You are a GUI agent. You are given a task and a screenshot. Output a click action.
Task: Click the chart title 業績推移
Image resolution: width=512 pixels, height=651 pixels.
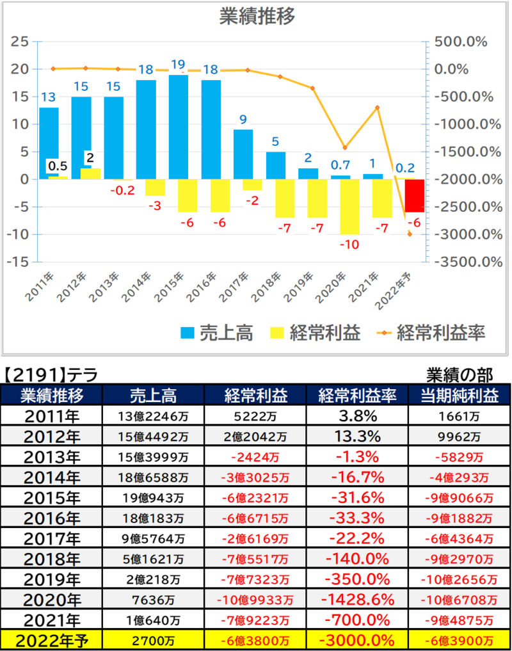coord(257,17)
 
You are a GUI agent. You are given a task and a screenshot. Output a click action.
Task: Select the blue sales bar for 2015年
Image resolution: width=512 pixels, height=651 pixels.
coord(179,127)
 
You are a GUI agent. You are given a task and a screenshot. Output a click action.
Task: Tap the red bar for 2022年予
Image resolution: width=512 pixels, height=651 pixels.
coord(415,195)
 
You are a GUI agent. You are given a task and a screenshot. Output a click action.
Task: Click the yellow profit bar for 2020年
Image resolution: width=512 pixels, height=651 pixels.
coord(349,207)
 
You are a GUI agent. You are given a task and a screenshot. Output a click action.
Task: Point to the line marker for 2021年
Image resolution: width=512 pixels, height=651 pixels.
coord(378,108)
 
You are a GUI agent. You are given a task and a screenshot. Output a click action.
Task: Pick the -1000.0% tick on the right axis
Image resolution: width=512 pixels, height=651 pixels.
coord(468,124)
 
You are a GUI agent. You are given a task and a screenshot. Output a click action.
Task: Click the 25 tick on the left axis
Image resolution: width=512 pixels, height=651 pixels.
coord(19,42)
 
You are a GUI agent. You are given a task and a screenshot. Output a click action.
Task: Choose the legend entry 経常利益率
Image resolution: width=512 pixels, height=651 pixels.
coord(431,333)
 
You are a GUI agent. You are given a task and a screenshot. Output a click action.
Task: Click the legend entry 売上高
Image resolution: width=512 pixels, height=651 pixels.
coord(217,333)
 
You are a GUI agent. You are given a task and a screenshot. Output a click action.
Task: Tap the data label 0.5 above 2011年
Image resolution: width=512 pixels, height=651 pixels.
coord(58,166)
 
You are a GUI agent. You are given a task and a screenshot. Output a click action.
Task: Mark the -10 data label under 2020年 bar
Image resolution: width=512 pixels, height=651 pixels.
coord(349,245)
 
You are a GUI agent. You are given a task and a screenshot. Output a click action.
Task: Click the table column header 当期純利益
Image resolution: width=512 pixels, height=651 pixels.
coord(460,395)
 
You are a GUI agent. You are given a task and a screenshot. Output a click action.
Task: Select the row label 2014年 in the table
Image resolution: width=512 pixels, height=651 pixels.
coord(52,478)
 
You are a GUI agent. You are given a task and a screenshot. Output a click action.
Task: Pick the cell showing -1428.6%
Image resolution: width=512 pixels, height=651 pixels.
coord(358,600)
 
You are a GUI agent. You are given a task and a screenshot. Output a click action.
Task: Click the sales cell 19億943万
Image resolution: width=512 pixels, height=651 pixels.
coord(153,498)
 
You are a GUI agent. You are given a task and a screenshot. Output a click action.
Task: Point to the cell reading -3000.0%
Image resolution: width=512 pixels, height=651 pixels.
coord(358,641)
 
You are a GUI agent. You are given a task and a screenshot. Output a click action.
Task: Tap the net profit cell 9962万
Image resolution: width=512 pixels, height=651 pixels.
coord(460,437)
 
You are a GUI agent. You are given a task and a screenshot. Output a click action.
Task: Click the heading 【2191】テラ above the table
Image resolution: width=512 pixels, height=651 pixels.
coord(51,375)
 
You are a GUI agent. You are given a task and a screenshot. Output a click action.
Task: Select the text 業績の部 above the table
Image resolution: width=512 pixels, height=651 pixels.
coord(460,375)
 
